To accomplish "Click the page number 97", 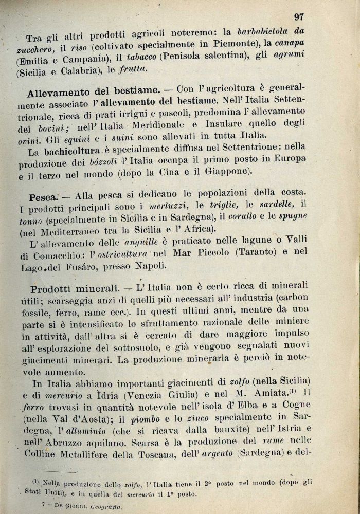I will click(x=299, y=17).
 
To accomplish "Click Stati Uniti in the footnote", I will click(x=42, y=492).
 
